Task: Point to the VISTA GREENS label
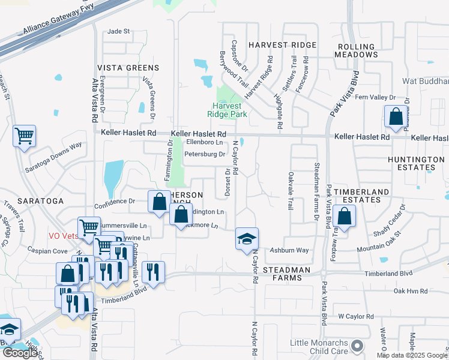click(x=128, y=68)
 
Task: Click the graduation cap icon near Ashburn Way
click(x=247, y=238)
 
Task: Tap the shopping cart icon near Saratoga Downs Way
click(x=25, y=136)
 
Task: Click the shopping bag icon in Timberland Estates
click(x=345, y=215)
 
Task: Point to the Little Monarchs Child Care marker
click(x=358, y=345)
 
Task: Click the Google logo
click(x=20, y=353)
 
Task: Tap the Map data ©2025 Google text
click(x=412, y=355)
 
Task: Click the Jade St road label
click(x=118, y=31)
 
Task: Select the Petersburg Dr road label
click(x=204, y=154)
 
